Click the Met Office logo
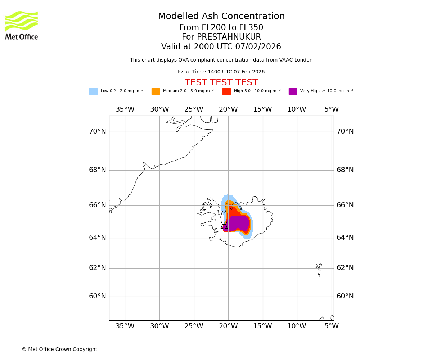point(22,25)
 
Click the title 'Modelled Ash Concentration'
point(221,17)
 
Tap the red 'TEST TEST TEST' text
point(221,82)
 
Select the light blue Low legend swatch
point(93,91)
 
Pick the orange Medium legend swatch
point(156,91)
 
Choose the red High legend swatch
point(226,91)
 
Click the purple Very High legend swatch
point(293,91)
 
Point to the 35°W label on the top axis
point(125,109)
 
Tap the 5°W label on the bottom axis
point(331,326)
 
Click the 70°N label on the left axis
point(98,131)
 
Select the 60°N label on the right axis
point(345,296)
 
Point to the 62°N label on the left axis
point(98,268)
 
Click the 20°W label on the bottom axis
point(228,326)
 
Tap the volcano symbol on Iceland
point(224,226)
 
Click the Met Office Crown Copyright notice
point(59,350)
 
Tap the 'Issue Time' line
point(221,72)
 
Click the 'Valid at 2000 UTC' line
point(221,47)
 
